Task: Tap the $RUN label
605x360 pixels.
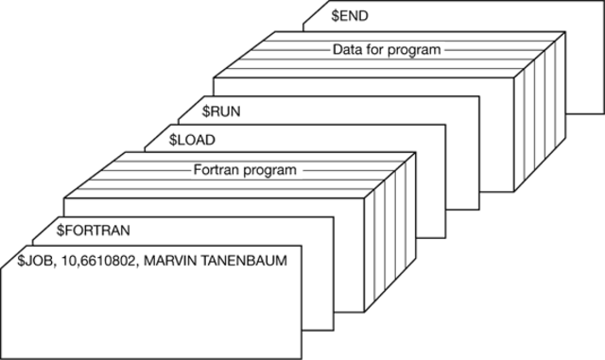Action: (x=222, y=111)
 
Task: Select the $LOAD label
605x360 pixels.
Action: (x=192, y=140)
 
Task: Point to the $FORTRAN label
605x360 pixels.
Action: (x=93, y=230)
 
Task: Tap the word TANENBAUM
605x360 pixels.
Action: (x=247, y=258)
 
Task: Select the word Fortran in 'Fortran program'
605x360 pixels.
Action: (x=216, y=170)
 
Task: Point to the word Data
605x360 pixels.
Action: (x=347, y=49)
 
